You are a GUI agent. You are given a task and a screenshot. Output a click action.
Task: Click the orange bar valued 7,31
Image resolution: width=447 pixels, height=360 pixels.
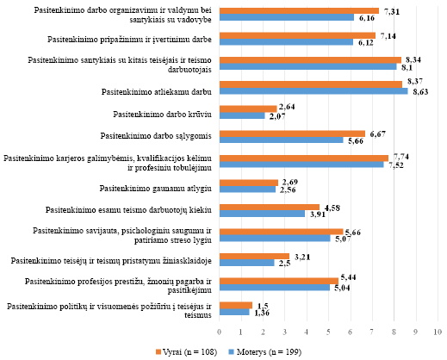click(x=299, y=11)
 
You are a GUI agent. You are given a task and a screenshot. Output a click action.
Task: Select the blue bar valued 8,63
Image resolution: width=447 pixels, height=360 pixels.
click(x=314, y=91)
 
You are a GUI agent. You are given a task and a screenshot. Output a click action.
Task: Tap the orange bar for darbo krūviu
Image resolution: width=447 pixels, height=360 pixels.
click(x=248, y=109)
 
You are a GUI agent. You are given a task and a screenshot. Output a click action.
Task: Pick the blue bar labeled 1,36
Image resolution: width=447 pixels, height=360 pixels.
click(x=234, y=312)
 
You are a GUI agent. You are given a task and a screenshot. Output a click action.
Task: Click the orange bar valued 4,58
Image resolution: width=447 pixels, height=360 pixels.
click(x=270, y=207)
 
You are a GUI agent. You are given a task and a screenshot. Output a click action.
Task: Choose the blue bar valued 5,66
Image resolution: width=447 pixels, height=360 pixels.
click(x=282, y=140)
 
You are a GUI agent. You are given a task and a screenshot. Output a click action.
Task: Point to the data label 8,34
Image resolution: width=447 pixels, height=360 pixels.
click(x=413, y=59)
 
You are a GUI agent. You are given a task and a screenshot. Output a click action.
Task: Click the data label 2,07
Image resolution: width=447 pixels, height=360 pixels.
click(x=277, y=116)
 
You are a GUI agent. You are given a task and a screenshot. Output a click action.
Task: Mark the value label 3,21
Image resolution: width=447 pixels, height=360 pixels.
click(x=302, y=257)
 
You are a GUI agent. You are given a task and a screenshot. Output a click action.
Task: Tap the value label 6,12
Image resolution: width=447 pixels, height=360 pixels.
click(x=366, y=43)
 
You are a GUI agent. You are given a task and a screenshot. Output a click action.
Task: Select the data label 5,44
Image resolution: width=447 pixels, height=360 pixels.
click(x=348, y=277)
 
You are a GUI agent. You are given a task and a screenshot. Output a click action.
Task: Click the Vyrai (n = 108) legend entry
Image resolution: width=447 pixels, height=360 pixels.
click(x=186, y=351)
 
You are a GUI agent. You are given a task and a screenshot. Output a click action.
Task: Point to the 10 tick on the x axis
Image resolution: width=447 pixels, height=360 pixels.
click(x=438, y=332)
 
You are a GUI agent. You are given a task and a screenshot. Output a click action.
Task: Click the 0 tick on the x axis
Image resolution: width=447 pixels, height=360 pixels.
click(x=220, y=332)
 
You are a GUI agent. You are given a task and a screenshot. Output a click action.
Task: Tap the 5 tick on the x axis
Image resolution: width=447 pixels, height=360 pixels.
click(x=328, y=332)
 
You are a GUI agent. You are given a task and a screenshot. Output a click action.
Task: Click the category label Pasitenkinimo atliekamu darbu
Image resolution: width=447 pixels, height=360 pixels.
click(x=157, y=92)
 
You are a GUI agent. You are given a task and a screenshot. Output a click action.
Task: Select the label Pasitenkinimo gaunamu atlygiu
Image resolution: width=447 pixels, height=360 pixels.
click(x=156, y=189)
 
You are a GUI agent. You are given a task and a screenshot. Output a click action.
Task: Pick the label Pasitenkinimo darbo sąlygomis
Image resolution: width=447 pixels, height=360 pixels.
click(x=156, y=135)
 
